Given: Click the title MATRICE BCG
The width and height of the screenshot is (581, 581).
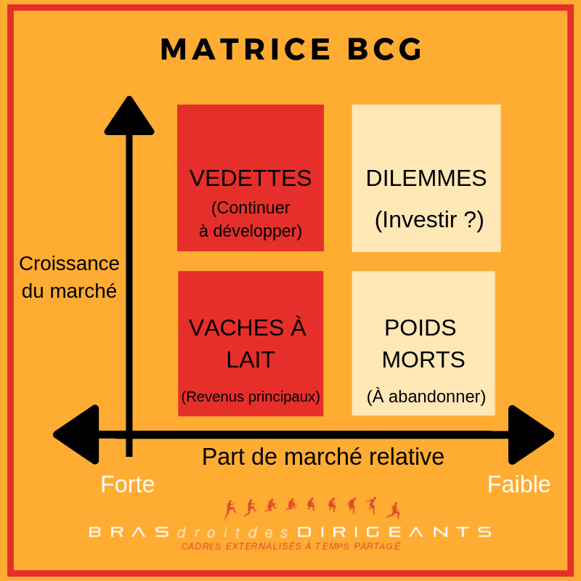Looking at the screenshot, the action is coord(291,49).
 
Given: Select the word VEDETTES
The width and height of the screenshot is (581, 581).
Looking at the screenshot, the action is coord(251,178).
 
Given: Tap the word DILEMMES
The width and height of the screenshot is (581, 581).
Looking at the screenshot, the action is coord(426,178).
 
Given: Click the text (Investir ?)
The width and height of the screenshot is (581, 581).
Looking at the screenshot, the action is coord(429,220).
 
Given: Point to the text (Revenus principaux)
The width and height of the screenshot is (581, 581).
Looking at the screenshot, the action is coord(251,397).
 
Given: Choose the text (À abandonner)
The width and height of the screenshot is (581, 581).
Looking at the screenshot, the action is coord(426,396).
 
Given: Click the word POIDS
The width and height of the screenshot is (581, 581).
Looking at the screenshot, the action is coord(420,328).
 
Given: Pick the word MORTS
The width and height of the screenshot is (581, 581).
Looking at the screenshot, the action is coord(423,359).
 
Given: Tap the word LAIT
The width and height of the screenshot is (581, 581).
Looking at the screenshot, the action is coord(251,359).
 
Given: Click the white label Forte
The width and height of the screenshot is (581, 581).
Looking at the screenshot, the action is coord(128,484).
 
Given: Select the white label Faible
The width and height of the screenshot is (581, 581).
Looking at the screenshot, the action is coord(519,484).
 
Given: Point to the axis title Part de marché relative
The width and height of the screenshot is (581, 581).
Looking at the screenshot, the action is coord(322,457).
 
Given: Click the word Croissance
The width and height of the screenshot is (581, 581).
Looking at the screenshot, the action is coord(69,264).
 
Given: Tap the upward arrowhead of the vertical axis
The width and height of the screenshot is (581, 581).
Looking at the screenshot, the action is coord(129,115).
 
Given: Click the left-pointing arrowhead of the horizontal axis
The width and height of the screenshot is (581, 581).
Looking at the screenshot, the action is coord(76,434).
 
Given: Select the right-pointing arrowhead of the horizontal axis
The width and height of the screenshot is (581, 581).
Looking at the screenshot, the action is coord(531,434).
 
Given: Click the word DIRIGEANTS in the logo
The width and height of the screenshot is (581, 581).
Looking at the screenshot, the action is coord(394,532).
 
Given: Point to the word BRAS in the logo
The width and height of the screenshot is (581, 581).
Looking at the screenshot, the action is coord(129,532).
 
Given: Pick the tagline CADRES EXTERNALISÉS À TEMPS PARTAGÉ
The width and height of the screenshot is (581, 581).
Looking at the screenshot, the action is coord(291,546).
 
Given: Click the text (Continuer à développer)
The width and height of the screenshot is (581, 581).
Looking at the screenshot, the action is coord(251,219).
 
